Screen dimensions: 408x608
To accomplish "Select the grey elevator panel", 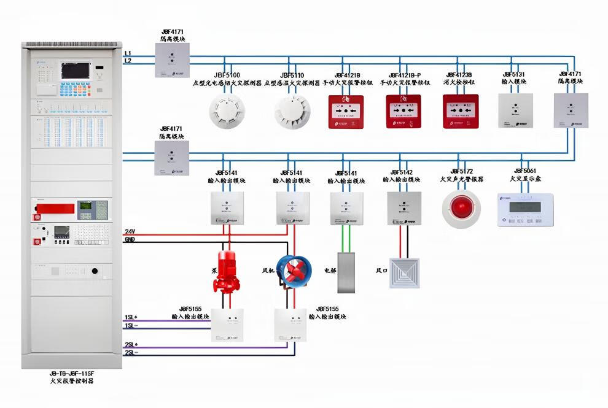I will click(348, 271).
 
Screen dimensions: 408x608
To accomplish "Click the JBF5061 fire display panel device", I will click(525, 209).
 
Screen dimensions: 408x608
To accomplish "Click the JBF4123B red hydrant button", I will click(461, 111).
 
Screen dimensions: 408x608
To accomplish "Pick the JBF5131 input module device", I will click(515, 110).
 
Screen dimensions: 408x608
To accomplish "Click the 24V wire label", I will click(130, 231).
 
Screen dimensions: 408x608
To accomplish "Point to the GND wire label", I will click(130, 239).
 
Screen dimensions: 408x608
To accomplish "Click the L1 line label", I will click(128, 53).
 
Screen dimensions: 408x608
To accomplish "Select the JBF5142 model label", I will click(402, 172).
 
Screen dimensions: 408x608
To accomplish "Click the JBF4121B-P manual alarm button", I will click(403, 111).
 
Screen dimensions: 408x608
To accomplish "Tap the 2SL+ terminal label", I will click(131, 345).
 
